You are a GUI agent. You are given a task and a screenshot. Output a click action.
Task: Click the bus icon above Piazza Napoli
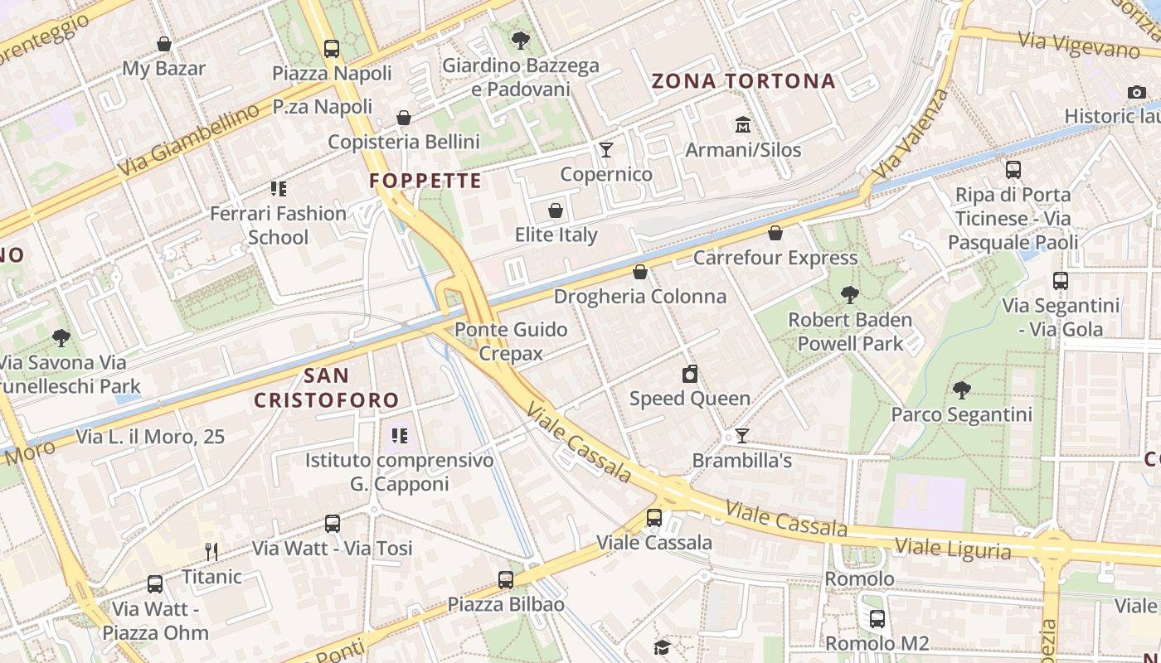(332, 48)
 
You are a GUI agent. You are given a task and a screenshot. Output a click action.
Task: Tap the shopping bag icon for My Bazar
(164, 44)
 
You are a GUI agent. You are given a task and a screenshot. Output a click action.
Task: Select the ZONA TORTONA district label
(743, 81)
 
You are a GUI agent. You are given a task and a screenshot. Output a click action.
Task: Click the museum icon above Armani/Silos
(743, 125)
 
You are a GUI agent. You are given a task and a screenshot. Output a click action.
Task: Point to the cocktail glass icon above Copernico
(606, 150)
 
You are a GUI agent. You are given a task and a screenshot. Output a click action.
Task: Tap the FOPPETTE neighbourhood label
(425, 181)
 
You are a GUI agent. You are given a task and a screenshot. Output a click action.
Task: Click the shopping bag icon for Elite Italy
(556, 211)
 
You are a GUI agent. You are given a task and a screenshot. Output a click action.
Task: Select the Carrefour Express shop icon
(775, 234)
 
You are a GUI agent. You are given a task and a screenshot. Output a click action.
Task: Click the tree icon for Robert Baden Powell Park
(849, 294)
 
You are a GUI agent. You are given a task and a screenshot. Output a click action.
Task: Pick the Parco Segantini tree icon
(961, 390)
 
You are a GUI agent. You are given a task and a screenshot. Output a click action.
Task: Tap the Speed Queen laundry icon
(690, 375)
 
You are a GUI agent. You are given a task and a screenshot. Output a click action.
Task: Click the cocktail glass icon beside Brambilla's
(742, 436)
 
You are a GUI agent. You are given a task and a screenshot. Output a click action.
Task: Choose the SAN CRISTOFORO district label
(327, 388)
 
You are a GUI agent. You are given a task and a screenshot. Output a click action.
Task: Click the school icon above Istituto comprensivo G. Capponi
(400, 435)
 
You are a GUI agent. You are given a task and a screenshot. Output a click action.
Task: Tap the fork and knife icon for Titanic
(211, 552)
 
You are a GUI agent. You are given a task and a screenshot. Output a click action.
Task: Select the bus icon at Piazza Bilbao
(506, 580)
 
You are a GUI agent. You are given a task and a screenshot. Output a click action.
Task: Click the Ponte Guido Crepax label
(511, 341)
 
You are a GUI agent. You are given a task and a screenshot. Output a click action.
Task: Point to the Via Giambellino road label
(188, 142)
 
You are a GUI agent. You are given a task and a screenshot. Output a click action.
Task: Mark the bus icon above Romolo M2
(877, 618)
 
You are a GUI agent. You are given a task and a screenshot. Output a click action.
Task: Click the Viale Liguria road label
(953, 549)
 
